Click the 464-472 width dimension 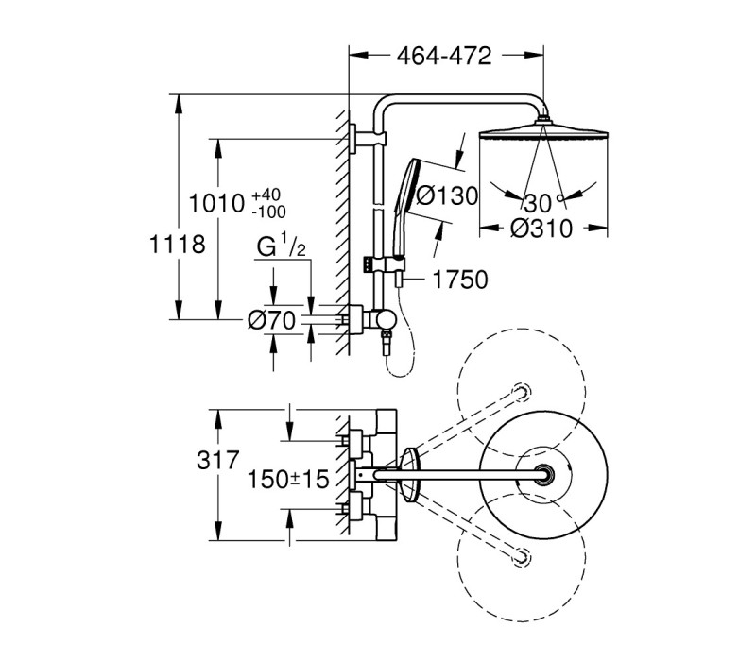[443, 57]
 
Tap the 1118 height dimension [178, 245]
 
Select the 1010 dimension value [216, 203]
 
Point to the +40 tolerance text [266, 195]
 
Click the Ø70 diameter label [271, 320]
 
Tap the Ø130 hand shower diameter [447, 196]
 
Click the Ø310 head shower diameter [541, 228]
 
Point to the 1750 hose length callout [460, 280]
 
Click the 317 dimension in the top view [218, 460]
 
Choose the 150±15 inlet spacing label [288, 479]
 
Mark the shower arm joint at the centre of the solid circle [543, 475]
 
